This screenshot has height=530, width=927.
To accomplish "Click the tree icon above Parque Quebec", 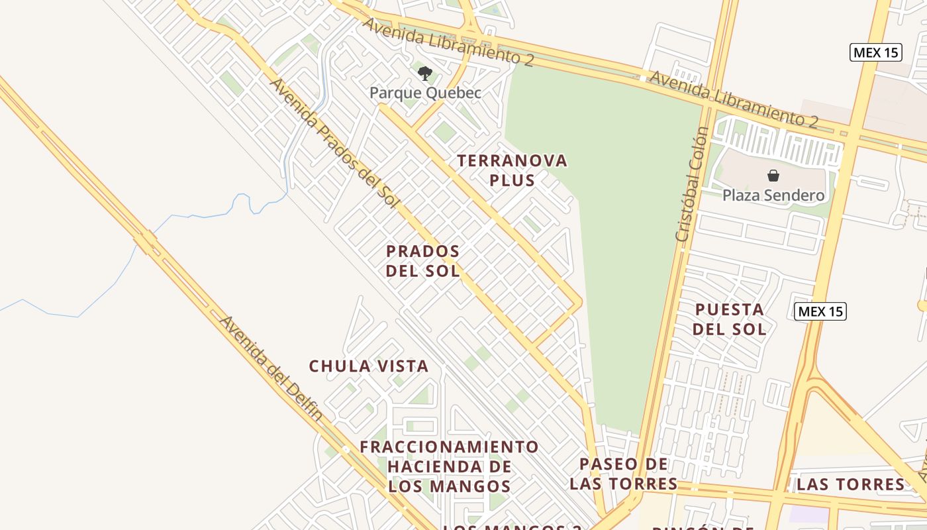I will [x=425, y=73].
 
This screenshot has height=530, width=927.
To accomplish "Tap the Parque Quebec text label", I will [x=425, y=93].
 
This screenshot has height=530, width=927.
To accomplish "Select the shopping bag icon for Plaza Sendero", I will [x=773, y=176].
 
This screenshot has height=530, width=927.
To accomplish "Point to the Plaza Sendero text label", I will [x=773, y=195].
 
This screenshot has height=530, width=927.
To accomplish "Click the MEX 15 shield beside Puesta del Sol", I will [x=820, y=311].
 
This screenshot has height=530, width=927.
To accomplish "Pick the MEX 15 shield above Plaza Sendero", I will [x=876, y=52].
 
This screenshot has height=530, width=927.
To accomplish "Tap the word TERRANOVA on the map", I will [x=512, y=160].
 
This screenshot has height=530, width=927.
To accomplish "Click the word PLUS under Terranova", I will [x=512, y=180].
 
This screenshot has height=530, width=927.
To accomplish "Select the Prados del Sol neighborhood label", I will [x=423, y=261].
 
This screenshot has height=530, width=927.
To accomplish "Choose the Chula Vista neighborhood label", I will [x=369, y=366].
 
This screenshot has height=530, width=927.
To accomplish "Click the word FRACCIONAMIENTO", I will [x=449, y=447].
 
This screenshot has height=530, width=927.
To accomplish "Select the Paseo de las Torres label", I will [x=623, y=474].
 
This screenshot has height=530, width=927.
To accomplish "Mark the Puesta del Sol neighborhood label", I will [x=729, y=319].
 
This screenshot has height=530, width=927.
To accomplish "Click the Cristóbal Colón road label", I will [x=693, y=184].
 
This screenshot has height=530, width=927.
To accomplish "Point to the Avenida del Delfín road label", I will [x=271, y=368].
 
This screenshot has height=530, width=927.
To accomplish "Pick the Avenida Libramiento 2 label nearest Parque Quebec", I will [x=448, y=40].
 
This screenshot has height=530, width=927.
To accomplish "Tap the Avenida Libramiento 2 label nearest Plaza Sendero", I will [x=733, y=99].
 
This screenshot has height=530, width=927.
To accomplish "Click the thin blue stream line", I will [x=199, y=215].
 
